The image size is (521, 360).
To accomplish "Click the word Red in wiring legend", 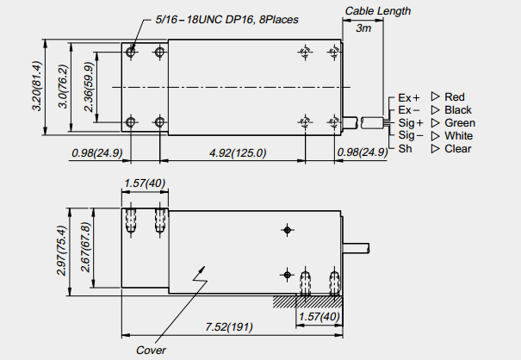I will click(455, 96).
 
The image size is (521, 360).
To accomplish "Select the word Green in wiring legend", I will click(459, 122).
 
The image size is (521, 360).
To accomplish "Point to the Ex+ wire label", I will click(408, 97).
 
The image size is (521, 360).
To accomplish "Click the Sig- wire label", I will click(410, 135).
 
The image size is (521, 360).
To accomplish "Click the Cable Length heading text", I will click(378, 11).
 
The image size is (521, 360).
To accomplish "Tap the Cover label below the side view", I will click(151, 350).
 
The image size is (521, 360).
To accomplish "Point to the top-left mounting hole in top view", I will click(131, 53).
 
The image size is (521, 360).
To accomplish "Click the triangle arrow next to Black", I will click(435, 110).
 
